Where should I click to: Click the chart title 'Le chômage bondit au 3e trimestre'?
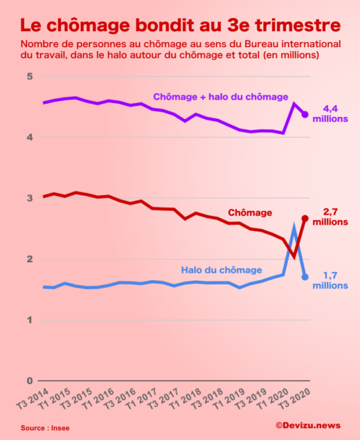pos(180,25)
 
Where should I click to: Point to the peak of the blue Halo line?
pos(295,227)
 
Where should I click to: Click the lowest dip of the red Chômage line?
pos(294,257)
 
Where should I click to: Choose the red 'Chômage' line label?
pos(250,212)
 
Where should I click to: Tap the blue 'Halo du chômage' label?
pos(222,270)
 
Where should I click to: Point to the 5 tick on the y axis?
pos(30,76)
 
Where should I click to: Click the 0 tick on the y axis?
pos(30,381)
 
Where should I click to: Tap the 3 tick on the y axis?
pos(30,198)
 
